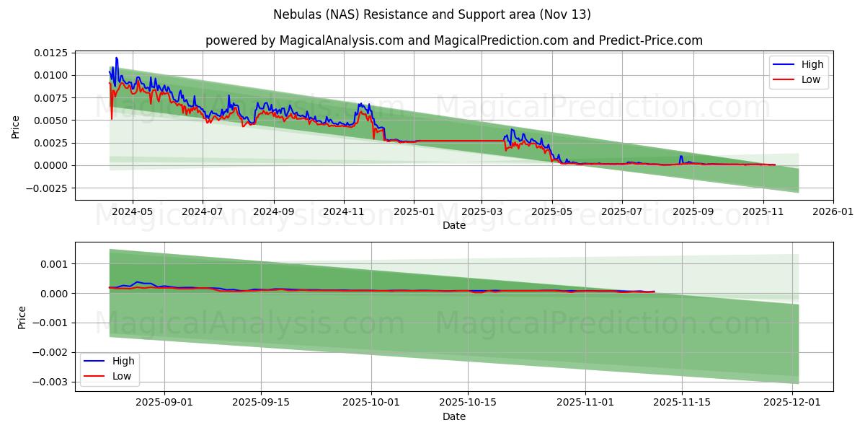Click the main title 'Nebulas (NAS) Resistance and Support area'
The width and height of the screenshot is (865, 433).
tap(432, 14)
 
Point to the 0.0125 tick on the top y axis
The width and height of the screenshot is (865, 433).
tap(52, 53)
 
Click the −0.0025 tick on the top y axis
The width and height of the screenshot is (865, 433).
tap(49, 188)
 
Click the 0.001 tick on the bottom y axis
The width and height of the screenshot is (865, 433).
tap(55, 264)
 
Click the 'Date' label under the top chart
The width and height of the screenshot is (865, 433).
tap(454, 225)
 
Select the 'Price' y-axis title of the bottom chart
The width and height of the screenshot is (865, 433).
tap(22, 318)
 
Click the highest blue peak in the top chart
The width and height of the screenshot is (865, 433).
tap(116, 58)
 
